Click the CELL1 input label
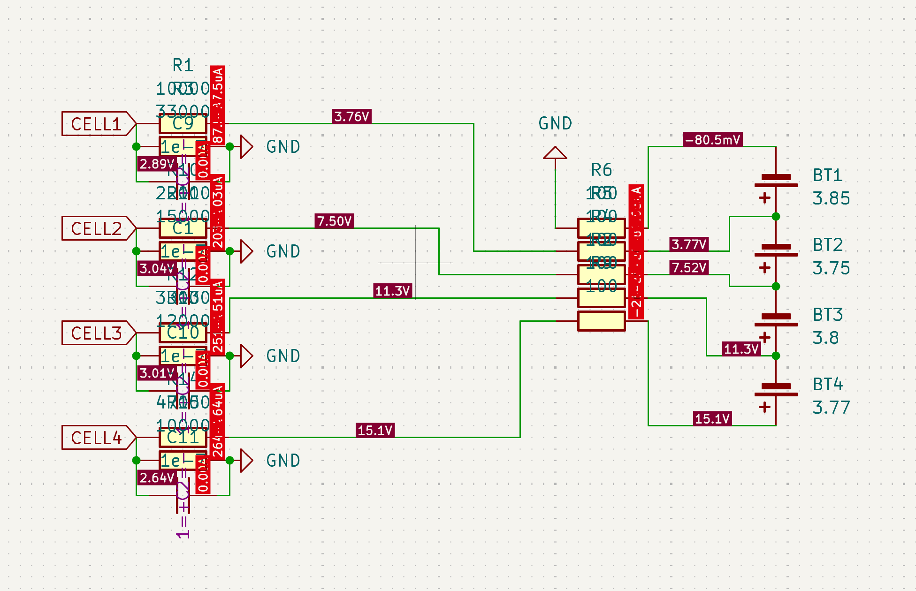point(96,124)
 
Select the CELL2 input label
point(96,228)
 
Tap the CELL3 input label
point(96,333)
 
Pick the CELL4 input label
point(96,438)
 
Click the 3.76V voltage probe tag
point(351,116)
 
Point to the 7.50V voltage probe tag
point(334,221)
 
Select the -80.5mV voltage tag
point(712,140)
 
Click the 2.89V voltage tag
point(157,164)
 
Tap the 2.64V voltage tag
point(157,477)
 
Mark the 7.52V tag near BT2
point(689,267)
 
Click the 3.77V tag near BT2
point(689,244)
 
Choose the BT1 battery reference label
point(828,175)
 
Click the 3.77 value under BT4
point(831,408)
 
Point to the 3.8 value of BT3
point(825,338)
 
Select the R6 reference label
point(601,170)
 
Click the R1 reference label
point(183,65)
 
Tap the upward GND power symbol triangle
point(555,153)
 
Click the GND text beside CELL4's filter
point(283,461)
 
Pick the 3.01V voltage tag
point(157,373)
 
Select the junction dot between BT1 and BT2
point(776,216)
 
